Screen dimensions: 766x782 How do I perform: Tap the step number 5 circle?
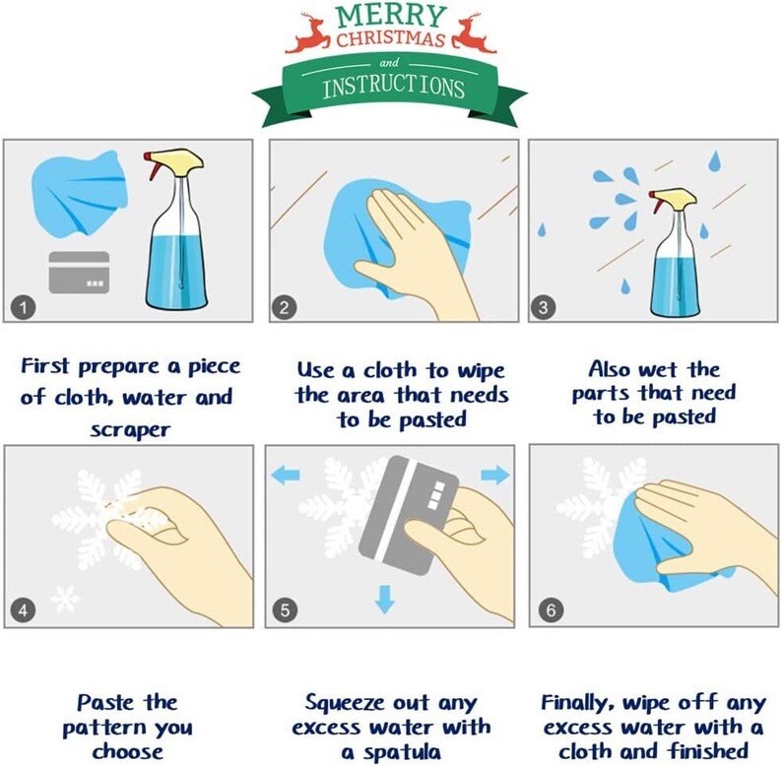point(285,610)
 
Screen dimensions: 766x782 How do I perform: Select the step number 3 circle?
point(543,307)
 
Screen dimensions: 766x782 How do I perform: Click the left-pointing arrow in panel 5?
point(286,476)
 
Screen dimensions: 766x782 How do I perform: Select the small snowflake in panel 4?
point(66,597)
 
